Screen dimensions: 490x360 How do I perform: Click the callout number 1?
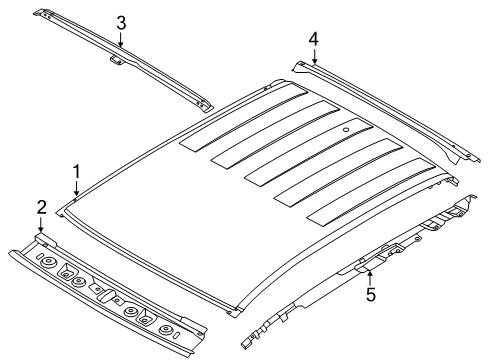click(77, 172)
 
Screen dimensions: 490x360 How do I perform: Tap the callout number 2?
click(41, 207)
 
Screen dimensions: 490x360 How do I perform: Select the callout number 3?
click(121, 23)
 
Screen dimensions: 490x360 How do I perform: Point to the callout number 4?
click(313, 40)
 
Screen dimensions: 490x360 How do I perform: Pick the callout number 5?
click(371, 294)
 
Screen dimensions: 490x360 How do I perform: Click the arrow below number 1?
click(77, 188)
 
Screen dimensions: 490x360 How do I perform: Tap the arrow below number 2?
click(41, 225)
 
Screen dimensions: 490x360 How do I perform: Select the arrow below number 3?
click(121, 39)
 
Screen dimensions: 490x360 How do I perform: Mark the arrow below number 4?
click(314, 56)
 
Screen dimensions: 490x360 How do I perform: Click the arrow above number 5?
click(370, 278)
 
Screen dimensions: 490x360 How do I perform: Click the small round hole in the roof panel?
click(346, 129)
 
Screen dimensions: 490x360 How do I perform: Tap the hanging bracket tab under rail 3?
click(117, 60)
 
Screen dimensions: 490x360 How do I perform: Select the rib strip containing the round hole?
click(309, 152)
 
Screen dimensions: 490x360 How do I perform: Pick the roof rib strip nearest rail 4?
click(244, 120)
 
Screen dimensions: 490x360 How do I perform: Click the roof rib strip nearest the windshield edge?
click(371, 193)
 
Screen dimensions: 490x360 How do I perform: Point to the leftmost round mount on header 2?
click(48, 263)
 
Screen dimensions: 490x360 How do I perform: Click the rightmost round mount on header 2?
click(166, 331)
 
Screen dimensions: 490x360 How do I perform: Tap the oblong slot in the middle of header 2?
click(106, 294)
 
